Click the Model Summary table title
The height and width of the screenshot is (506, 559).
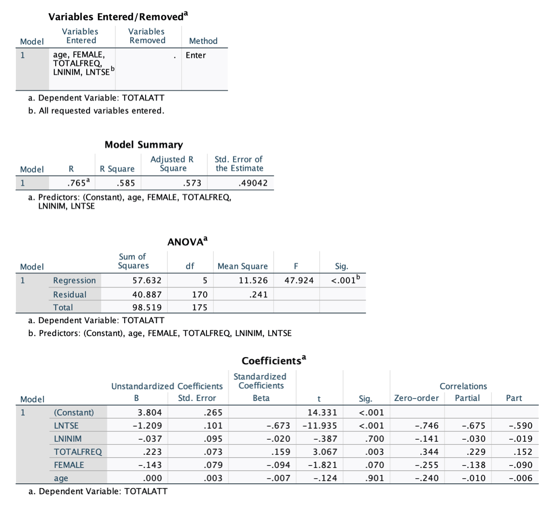144,145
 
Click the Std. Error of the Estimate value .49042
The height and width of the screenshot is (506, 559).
251,183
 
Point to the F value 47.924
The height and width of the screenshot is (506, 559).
299,281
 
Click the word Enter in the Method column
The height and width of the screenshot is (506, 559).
196,55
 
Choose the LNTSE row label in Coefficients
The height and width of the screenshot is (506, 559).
66,426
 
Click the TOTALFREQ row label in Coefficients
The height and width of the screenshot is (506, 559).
77,452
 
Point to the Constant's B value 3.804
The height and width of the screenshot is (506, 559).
150,413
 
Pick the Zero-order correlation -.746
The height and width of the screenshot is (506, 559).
427,426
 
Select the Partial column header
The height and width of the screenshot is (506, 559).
467,398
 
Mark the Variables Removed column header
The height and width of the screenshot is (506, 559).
147,36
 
